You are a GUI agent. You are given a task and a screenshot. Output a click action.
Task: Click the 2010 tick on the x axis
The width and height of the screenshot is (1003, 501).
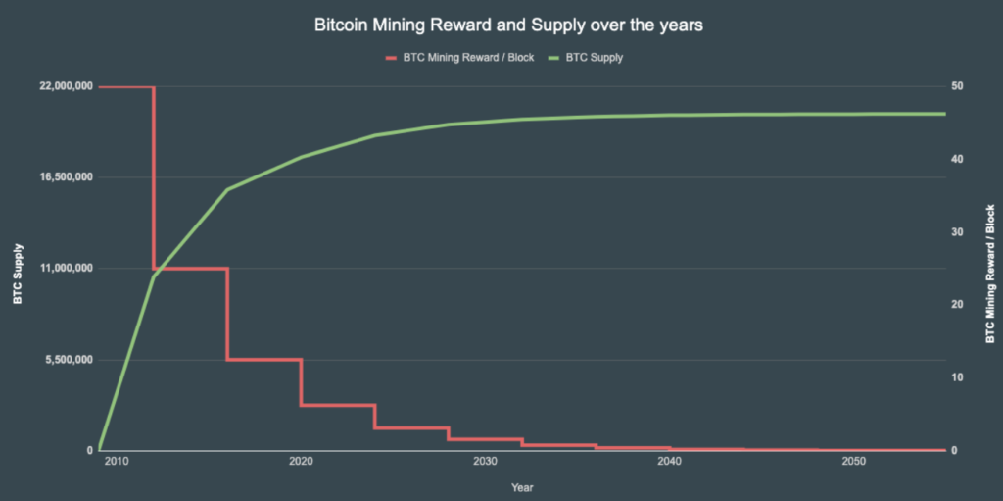point(117,462)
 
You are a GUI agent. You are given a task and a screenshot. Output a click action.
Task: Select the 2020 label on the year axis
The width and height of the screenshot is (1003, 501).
point(301,462)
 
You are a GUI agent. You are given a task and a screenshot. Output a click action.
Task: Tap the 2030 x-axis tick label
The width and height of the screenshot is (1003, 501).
point(485,462)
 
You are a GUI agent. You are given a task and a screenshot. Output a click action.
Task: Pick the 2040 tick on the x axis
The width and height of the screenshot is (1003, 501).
point(669,462)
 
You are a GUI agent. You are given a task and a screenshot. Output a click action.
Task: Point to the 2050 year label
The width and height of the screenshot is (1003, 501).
point(853,462)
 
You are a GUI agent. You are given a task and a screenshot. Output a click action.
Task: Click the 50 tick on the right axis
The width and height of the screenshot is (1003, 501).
point(955,86)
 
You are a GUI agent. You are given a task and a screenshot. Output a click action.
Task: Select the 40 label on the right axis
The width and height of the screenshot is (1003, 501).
point(955,159)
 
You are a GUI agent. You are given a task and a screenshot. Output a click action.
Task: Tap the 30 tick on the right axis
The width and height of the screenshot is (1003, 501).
point(955,232)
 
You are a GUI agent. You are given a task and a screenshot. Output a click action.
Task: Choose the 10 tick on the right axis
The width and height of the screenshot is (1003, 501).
point(955,377)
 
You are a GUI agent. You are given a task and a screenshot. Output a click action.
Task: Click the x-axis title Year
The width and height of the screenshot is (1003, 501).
point(521,486)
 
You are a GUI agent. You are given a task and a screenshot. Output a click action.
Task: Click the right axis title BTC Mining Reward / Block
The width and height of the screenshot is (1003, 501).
point(989,274)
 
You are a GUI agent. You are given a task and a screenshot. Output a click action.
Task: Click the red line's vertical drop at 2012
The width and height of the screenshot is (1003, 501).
point(154,176)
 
